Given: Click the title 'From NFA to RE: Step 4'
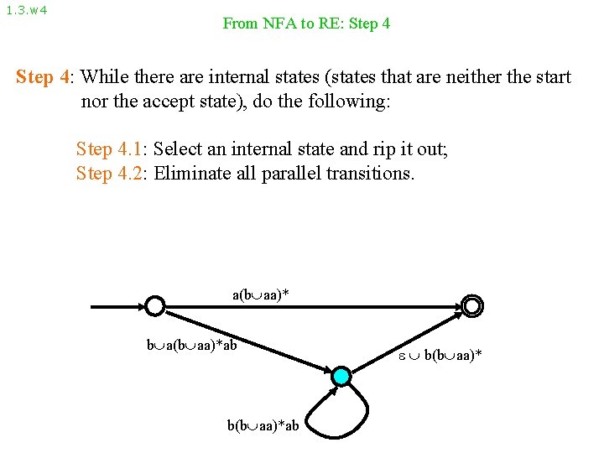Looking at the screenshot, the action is coord(306,23).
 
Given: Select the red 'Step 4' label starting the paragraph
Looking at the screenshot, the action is coord(44,78).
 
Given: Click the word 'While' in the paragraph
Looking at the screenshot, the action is coord(105,78).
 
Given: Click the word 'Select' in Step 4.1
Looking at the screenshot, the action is coord(178,150).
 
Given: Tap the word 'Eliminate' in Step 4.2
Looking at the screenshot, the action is coord(193,174).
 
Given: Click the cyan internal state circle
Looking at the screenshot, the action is coord(341,377).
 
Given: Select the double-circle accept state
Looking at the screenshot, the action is coord(472,306).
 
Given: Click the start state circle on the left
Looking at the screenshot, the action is coord(154,306).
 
